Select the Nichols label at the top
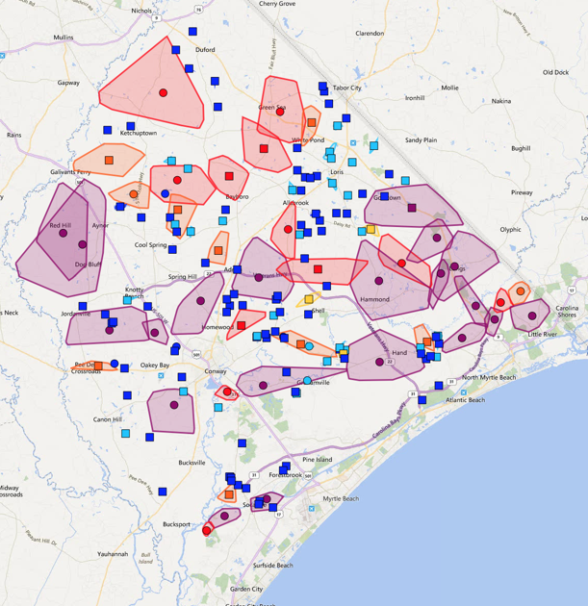(x=141, y=11)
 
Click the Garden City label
(x=245, y=589)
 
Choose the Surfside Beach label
(x=272, y=566)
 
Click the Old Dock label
(x=555, y=72)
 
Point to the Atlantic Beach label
(x=464, y=399)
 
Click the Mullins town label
(x=64, y=38)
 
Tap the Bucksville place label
(x=192, y=463)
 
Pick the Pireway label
(x=521, y=192)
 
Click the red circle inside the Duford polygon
(x=164, y=93)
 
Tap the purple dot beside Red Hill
(x=64, y=233)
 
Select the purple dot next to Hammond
(x=379, y=283)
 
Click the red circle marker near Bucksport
(x=207, y=530)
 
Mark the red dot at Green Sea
(x=280, y=112)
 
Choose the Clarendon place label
(x=370, y=33)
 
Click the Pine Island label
(x=317, y=460)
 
